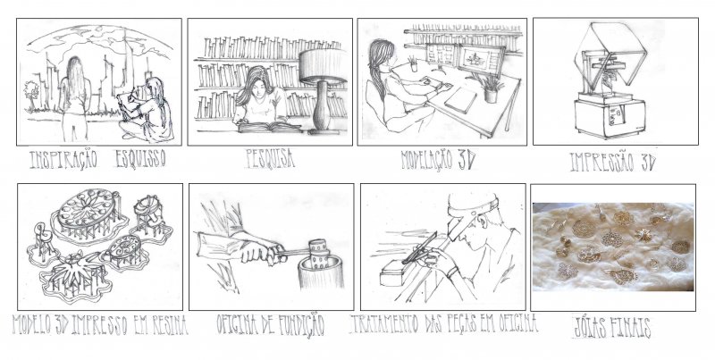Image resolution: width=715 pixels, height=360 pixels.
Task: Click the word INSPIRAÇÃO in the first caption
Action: click(63, 159)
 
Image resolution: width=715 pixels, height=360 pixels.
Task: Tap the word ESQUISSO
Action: click(140, 159)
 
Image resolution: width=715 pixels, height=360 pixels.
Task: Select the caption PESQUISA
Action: click(270, 159)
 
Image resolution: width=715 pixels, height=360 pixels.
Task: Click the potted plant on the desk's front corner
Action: click(489, 88)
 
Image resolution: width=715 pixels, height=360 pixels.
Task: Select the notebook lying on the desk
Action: click(460, 100)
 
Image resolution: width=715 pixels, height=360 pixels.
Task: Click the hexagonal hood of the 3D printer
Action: click(610, 54)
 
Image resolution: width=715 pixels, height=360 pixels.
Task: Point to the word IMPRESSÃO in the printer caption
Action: click(601, 162)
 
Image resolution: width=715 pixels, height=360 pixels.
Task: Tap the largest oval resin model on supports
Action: click(88, 213)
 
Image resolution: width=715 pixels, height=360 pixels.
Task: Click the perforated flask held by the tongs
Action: click(319, 253)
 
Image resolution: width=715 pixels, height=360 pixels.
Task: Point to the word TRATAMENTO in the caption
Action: click(385, 324)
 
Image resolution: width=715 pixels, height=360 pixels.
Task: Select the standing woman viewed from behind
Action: click(75, 98)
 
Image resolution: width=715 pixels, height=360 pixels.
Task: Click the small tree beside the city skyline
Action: click(31, 95)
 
